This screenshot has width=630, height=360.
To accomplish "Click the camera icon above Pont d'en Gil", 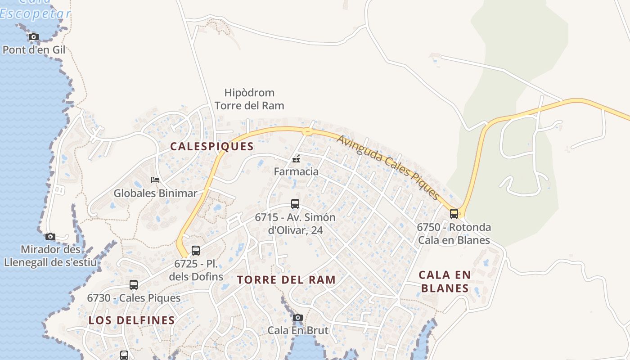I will tap(34, 36).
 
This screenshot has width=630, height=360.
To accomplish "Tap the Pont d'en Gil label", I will tap(34, 50).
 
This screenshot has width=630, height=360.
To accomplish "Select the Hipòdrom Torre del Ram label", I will tap(249, 99).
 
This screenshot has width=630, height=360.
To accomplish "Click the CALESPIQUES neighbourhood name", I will tap(212, 146).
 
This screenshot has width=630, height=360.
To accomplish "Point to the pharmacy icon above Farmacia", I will tap(296, 158).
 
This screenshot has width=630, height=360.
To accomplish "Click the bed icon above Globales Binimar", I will tap(155, 180).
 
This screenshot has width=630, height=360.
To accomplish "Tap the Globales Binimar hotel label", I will tap(155, 193).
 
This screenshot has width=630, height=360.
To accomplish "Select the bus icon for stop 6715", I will tap(295, 204).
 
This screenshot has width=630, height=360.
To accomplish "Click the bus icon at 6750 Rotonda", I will tap(454, 213).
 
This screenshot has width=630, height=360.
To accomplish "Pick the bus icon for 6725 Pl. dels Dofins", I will tap(196, 251).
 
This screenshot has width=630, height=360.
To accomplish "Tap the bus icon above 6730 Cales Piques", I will tap(134, 284).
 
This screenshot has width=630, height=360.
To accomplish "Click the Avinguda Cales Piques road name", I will tap(388, 167).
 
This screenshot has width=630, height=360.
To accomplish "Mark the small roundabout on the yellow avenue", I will tap(307, 131).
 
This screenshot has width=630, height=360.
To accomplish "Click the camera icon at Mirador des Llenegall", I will tap(50, 236).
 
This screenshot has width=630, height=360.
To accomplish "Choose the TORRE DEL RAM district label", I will tap(286, 280).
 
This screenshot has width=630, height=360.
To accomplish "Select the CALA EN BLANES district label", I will tap(445, 281).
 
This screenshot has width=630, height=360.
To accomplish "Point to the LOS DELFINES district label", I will tap(131, 320).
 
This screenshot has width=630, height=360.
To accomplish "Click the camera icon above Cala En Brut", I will tap(297, 318).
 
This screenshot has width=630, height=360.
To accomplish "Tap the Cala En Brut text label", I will tap(298, 330).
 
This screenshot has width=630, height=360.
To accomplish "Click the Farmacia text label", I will tap(296, 171).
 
